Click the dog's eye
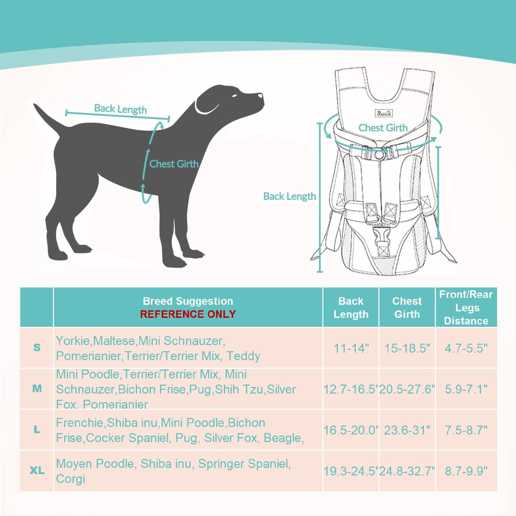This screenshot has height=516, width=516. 235,96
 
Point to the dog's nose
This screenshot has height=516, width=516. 261,96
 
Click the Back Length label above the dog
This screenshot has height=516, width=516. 120,109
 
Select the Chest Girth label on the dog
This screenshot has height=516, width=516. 174,164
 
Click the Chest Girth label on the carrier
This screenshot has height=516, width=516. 383,128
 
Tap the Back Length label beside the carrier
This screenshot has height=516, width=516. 289,196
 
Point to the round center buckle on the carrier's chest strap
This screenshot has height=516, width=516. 379,155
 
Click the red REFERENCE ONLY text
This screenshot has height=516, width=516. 188,314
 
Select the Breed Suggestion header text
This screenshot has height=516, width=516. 188,301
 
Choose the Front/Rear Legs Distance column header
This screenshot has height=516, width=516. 466,308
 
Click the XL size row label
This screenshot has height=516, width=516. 37,470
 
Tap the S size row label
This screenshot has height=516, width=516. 37,347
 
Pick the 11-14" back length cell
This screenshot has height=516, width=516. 351,348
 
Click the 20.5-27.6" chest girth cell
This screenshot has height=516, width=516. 407,389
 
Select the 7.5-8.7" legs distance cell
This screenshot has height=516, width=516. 466,430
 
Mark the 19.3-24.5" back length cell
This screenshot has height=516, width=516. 351,471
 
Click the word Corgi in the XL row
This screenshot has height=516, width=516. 71,479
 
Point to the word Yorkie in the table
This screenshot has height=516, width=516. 73,341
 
